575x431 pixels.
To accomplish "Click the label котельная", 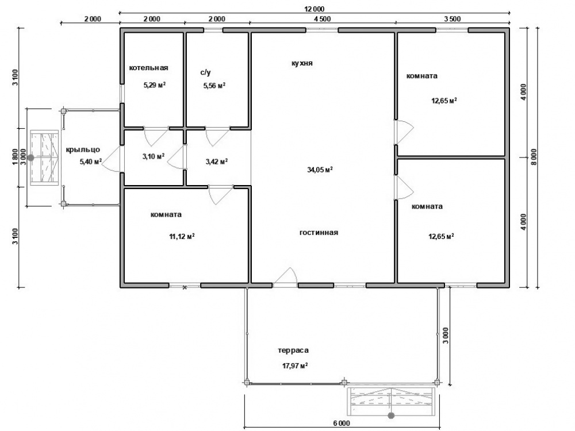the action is point(148,68).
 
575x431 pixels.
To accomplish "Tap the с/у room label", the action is point(205,72).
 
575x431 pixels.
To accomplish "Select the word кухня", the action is point(302,63).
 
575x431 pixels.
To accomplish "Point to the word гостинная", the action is point(319,233).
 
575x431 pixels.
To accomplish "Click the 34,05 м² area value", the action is point(320,170).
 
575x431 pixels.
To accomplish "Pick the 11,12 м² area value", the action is point(182,236).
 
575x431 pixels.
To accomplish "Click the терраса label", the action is point(293,351).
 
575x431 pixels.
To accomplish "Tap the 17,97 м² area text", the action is point(295,365).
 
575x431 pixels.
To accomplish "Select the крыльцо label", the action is point(83,150).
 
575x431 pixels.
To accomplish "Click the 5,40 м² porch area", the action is point(91,161).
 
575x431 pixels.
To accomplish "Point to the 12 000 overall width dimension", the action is point(315,9).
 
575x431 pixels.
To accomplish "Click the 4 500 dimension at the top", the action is point(323,19).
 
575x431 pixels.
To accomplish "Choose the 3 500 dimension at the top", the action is point(453,19).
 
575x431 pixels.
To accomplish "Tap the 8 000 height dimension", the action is point(534,157).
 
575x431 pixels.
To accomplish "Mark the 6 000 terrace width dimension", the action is point(342,424).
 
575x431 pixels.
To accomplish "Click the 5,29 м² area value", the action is point(154,86).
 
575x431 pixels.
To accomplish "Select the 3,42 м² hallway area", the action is point(217,161).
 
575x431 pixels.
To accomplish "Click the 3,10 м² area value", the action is point(154,157).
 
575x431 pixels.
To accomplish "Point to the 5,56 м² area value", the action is point(214,86).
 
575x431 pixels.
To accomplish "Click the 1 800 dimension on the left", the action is point(15,157).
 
